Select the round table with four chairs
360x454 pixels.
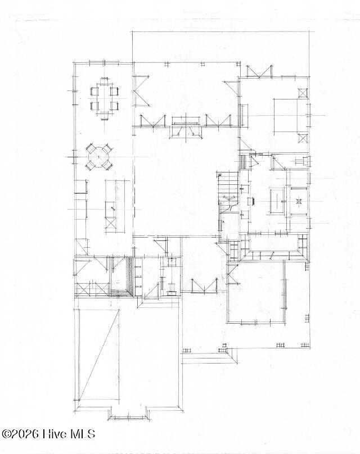[99, 157]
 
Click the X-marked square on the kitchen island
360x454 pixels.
[111, 223]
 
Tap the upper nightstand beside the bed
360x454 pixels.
[303, 94]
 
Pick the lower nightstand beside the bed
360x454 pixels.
[303, 138]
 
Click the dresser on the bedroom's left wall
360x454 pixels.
[245, 116]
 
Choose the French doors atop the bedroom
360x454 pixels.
[259, 72]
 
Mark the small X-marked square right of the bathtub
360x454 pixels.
[299, 200]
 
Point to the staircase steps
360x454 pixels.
[228, 183]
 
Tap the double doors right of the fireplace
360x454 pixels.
[219, 121]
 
